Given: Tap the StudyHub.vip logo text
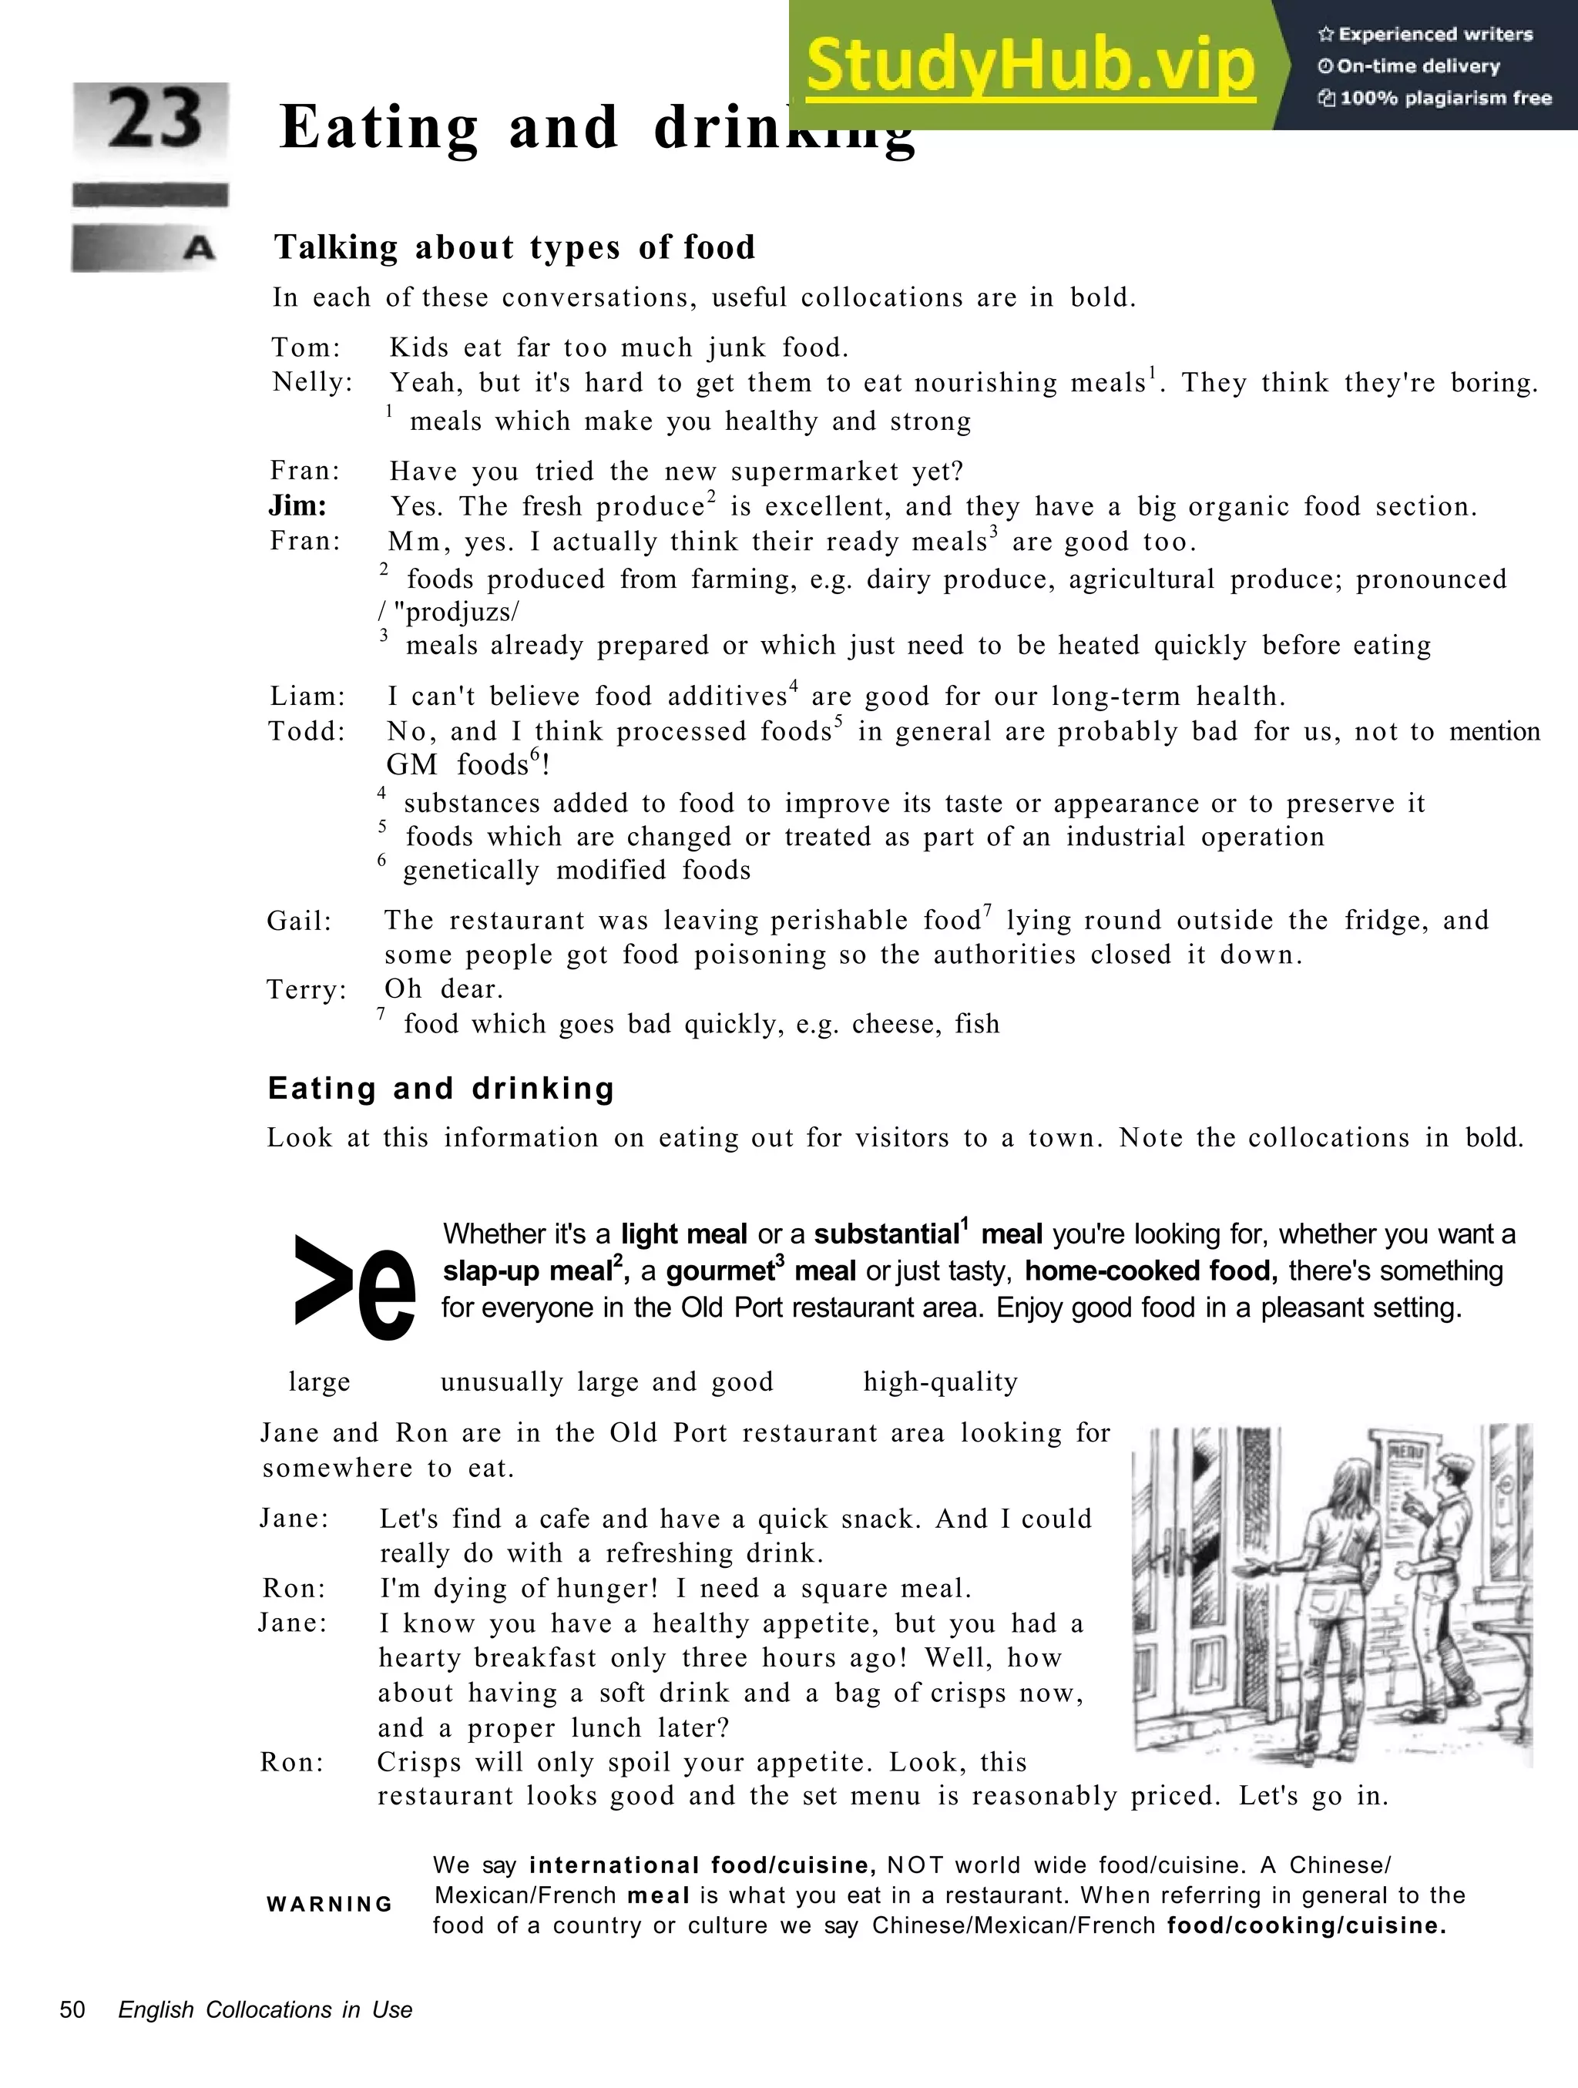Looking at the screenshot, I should pyautogui.click(x=1031, y=64).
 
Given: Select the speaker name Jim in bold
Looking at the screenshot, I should pyautogui.click(x=297, y=506).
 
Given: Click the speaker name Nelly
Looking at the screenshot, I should pyautogui.click(x=311, y=382).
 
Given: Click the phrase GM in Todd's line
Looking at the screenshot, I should pyautogui.click(x=412, y=764).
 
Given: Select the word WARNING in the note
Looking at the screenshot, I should pyautogui.click(x=329, y=1904).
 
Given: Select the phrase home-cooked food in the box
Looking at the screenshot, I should pyautogui.click(x=1150, y=1271).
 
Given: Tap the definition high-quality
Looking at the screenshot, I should pyautogui.click(x=940, y=1383).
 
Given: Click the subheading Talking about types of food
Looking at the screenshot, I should pyautogui.click(x=515, y=248).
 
